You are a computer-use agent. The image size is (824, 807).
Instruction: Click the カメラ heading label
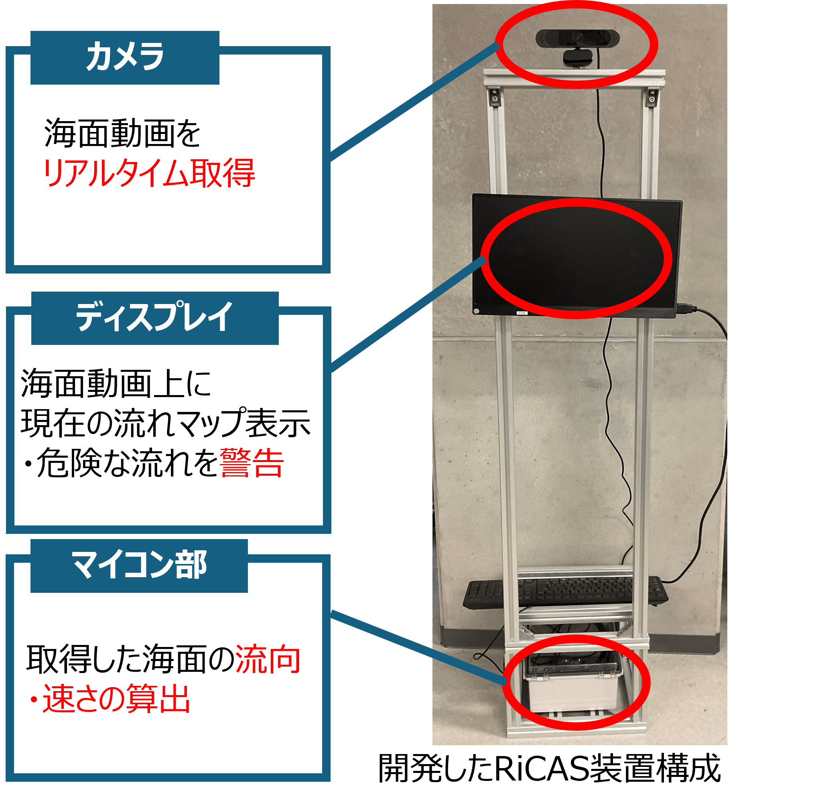pyautogui.click(x=125, y=57)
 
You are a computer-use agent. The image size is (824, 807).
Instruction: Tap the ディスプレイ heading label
pyautogui.click(x=154, y=316)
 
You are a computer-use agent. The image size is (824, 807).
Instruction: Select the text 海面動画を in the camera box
pyautogui.click(x=122, y=133)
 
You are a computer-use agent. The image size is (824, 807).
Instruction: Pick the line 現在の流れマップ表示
pyautogui.click(x=166, y=423)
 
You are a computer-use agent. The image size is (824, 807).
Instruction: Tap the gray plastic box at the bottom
pyautogui.click(x=572, y=683)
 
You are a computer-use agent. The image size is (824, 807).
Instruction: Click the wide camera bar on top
pyautogui.click(x=577, y=38)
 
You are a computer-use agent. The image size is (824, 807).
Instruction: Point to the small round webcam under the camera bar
pyautogui.click(x=577, y=58)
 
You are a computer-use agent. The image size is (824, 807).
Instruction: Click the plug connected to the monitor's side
pyautogui.click(x=686, y=309)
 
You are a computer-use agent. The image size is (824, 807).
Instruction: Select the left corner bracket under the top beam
pyautogui.click(x=494, y=97)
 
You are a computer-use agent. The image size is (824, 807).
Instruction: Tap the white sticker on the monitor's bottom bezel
pyautogui.click(x=522, y=313)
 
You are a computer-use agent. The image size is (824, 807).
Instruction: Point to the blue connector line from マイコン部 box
pyautogui.click(x=419, y=647)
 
